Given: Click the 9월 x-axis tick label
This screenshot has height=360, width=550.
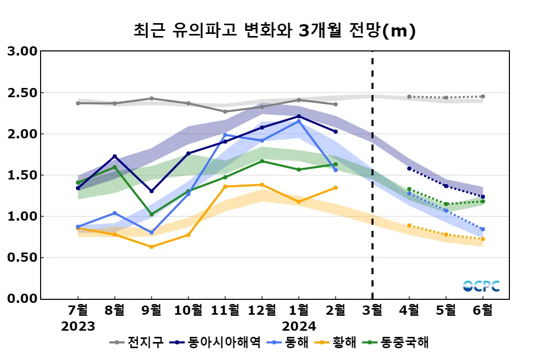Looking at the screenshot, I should tap(151, 310).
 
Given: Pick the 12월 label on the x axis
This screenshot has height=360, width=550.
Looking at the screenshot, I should tap(262, 310).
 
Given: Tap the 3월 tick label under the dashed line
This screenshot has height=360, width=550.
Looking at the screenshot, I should tap(372, 310).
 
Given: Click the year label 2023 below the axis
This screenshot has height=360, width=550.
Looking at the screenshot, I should tap(78, 327).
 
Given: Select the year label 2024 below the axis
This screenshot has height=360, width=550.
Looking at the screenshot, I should tap(299, 327).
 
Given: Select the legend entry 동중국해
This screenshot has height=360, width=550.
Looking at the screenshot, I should tap(404, 343).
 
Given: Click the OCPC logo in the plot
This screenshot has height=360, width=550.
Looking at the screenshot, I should tap(481, 286).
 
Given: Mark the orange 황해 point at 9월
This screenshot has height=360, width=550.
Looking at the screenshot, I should tap(151, 247).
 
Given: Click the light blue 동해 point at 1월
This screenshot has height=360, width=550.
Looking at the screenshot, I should tap(299, 121).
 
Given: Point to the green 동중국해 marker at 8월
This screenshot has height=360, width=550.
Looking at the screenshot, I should tap(115, 167).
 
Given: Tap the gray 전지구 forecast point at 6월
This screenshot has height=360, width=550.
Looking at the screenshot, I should tap(483, 97).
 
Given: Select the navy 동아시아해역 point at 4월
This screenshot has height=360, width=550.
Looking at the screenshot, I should tap(409, 168).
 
